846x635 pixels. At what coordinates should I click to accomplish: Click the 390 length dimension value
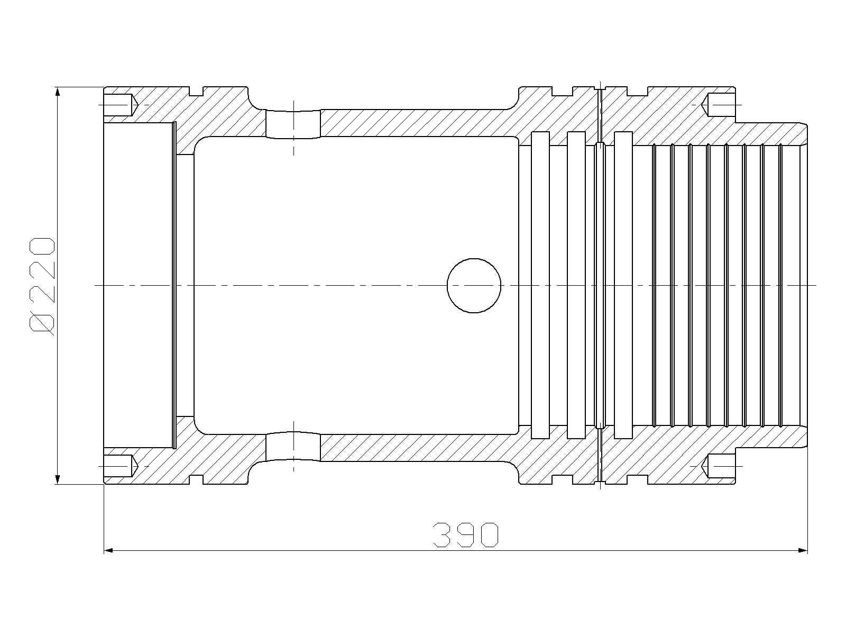click(x=466, y=535)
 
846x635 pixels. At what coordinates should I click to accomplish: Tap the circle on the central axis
click(x=474, y=285)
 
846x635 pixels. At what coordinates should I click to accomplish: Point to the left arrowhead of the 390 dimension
click(x=109, y=550)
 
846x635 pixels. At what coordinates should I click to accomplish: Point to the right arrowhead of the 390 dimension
click(x=803, y=550)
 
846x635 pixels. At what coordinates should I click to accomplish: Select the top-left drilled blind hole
click(x=121, y=104)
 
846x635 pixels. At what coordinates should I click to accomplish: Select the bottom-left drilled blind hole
click(x=121, y=466)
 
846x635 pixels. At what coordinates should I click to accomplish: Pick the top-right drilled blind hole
click(x=719, y=104)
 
